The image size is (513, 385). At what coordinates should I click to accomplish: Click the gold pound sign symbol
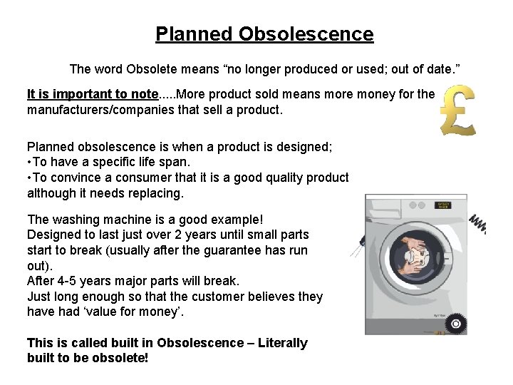(457, 111)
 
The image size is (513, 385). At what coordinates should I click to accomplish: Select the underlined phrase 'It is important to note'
(93, 94)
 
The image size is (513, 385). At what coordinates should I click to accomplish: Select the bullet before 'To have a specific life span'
(29, 163)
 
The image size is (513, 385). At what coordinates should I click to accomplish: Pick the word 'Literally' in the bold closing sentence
(283, 343)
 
